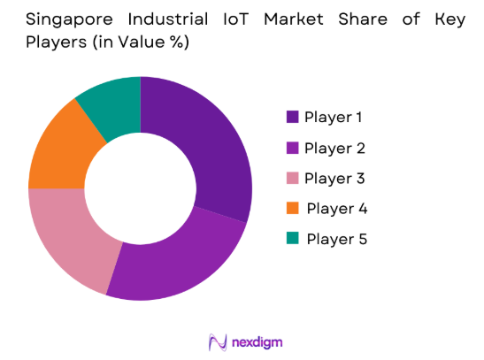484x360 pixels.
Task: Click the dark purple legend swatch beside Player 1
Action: click(x=292, y=117)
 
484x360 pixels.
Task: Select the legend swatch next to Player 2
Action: click(x=292, y=148)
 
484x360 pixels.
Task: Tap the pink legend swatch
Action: click(x=292, y=178)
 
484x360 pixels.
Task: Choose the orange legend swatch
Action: click(x=292, y=209)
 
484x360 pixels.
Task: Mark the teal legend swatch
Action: click(x=292, y=239)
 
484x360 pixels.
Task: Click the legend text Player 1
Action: click(x=334, y=117)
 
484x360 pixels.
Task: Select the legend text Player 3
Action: click(x=334, y=178)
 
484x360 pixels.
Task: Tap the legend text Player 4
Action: click(x=337, y=209)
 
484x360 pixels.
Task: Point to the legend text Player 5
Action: click(x=336, y=239)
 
